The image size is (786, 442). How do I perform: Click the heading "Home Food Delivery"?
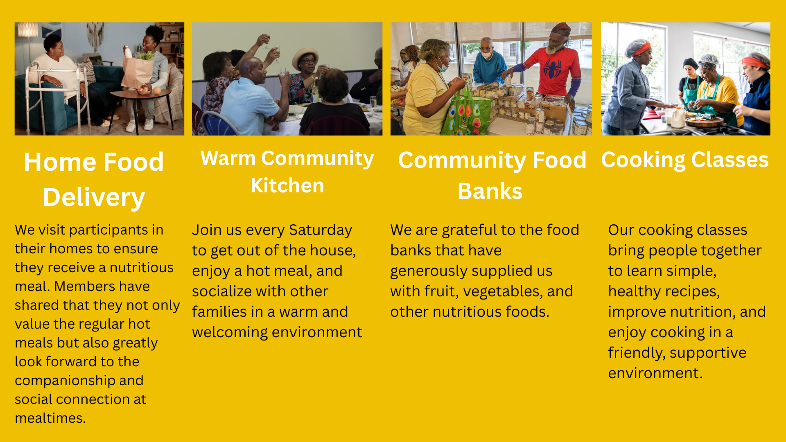[94, 180]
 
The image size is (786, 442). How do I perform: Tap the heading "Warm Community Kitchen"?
[287, 172]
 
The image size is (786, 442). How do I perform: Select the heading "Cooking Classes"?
[685, 160]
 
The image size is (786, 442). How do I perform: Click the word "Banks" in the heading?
[490, 191]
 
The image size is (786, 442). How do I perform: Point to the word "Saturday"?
[320, 230]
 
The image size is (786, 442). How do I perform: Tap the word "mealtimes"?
[49, 418]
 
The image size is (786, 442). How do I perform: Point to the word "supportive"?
[708, 353]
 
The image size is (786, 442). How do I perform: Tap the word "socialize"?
[228, 291]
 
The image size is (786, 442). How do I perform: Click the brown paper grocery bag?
[138, 72]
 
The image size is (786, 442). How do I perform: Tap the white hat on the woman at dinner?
[305, 57]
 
